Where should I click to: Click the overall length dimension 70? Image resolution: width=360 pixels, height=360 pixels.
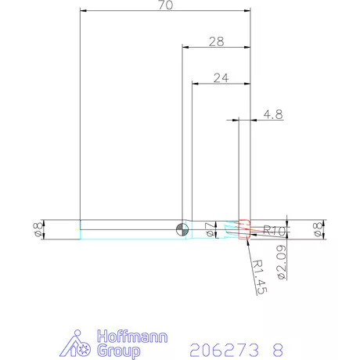click(165, 5)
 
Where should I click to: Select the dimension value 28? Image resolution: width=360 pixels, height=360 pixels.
click(216, 41)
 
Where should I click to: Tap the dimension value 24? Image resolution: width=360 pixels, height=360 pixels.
click(221, 77)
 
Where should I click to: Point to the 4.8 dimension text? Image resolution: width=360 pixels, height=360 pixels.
click(273, 114)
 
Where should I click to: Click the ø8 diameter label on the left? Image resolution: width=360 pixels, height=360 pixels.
click(36, 229)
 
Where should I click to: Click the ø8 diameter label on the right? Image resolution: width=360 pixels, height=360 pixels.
click(319, 229)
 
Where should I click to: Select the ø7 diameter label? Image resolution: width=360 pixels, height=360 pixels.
click(208, 229)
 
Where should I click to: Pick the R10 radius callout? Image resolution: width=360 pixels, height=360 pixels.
click(273, 230)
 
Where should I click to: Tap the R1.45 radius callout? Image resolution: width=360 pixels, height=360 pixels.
click(262, 277)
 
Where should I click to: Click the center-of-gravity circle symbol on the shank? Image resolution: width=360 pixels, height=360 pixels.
click(182, 229)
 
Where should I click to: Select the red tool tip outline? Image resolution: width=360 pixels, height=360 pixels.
click(244, 229)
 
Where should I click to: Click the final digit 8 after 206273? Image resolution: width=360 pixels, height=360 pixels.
click(277, 347)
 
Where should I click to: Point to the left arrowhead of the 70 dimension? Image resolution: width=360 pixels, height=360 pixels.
click(84, 11)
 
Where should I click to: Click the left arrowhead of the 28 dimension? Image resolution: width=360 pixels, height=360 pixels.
click(185, 47)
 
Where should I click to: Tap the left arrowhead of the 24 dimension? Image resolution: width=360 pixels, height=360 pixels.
click(195, 83)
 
